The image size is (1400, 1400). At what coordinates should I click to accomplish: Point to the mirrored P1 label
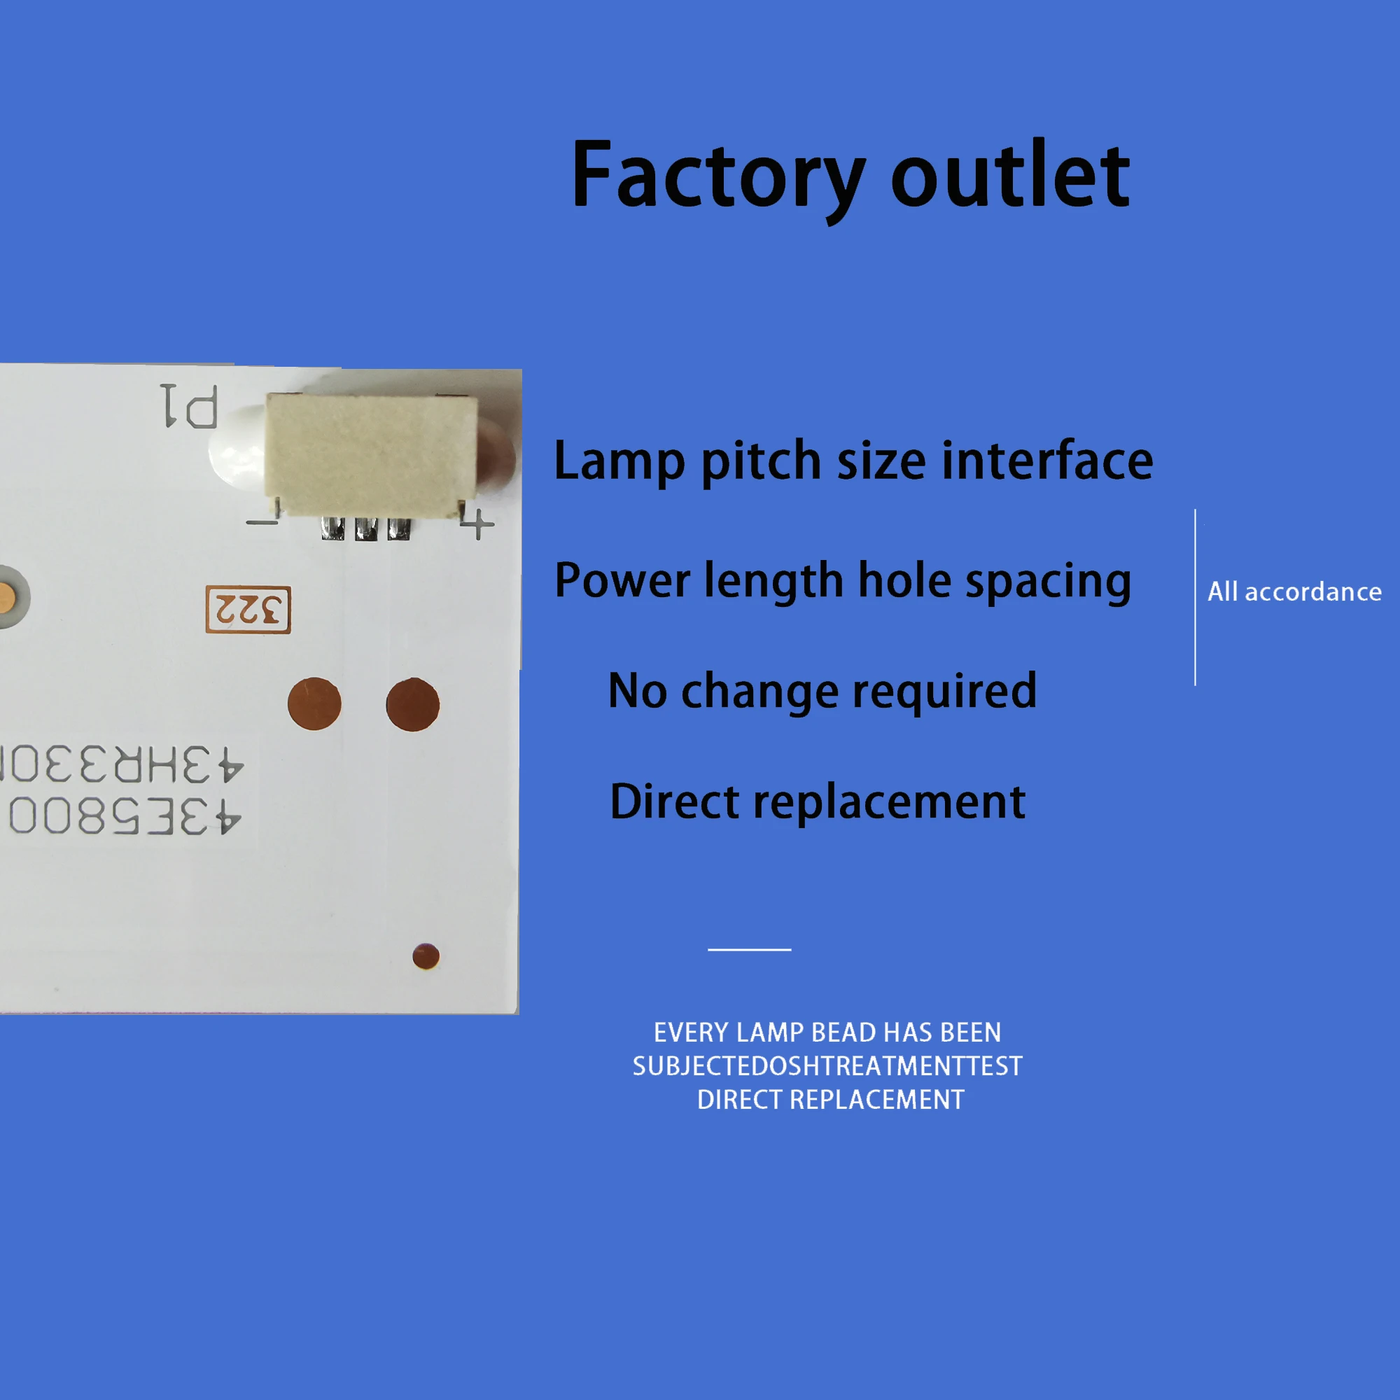point(189,406)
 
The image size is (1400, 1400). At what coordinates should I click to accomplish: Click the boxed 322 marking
point(248,610)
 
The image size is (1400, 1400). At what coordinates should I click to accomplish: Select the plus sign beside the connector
point(478,523)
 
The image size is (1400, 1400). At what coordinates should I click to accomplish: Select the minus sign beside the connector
point(262,521)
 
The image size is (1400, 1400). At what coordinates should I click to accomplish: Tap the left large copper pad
point(314,703)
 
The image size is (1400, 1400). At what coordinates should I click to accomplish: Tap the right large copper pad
point(412,703)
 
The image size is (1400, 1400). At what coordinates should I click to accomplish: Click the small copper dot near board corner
point(426,956)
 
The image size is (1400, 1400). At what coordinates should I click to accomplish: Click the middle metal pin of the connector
point(366,529)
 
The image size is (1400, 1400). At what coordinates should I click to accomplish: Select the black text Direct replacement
point(818,802)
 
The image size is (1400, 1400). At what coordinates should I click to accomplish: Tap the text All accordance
point(1294,592)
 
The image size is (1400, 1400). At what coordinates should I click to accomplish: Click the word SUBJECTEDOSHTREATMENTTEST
point(827,1066)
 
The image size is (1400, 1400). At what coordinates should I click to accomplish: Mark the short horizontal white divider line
point(749,949)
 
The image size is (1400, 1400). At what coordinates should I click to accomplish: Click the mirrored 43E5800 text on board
point(123,816)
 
